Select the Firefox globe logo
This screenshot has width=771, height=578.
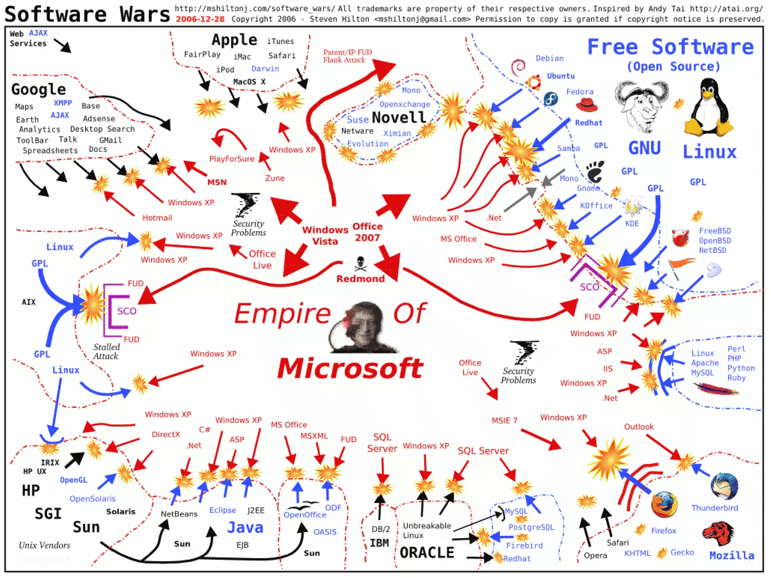[664, 505]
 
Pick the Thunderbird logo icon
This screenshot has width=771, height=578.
[724, 486]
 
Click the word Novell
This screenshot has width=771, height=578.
[399, 117]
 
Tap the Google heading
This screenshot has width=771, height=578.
[38, 89]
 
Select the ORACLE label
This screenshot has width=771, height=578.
[427, 552]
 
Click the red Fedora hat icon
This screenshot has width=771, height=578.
[587, 105]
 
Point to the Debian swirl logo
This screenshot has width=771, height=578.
[519, 67]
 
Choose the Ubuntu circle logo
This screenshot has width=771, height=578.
[533, 82]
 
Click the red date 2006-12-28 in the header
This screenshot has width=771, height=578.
[200, 19]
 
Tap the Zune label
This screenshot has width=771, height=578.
[274, 178]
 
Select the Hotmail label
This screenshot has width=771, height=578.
[157, 218]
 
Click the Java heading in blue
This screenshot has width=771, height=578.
[245, 527]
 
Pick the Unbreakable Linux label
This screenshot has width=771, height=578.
[427, 530]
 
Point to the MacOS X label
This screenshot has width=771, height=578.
[249, 82]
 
